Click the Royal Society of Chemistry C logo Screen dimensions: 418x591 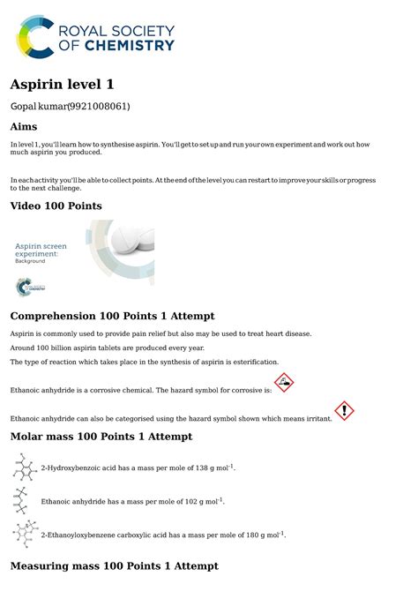(36, 36)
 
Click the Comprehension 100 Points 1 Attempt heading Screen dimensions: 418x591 (112, 316)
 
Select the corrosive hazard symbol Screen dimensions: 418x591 (284, 383)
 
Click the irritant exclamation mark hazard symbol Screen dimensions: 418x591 (345, 411)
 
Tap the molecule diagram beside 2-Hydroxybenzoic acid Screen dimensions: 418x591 (23, 467)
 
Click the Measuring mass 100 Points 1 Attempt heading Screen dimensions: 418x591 (114, 565)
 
